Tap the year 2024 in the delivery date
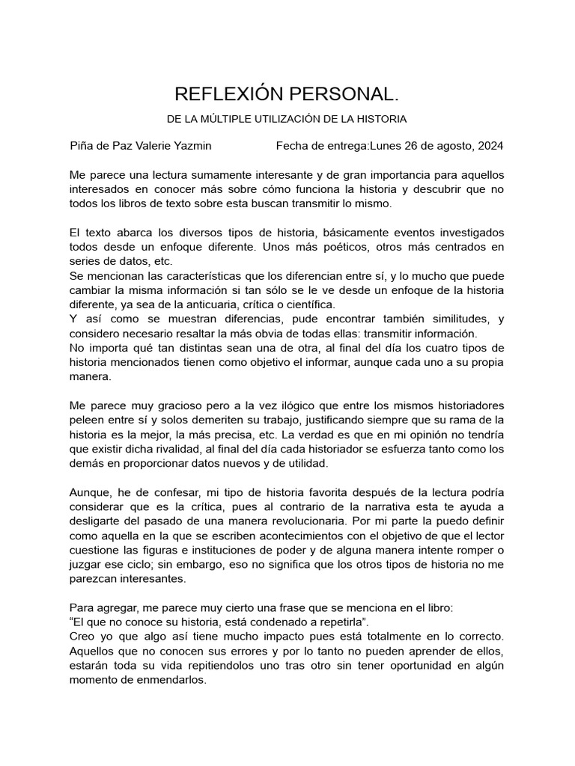pyautogui.click(x=489, y=146)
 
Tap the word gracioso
pyautogui.click(x=171, y=406)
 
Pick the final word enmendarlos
pyautogui.click(x=170, y=680)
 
